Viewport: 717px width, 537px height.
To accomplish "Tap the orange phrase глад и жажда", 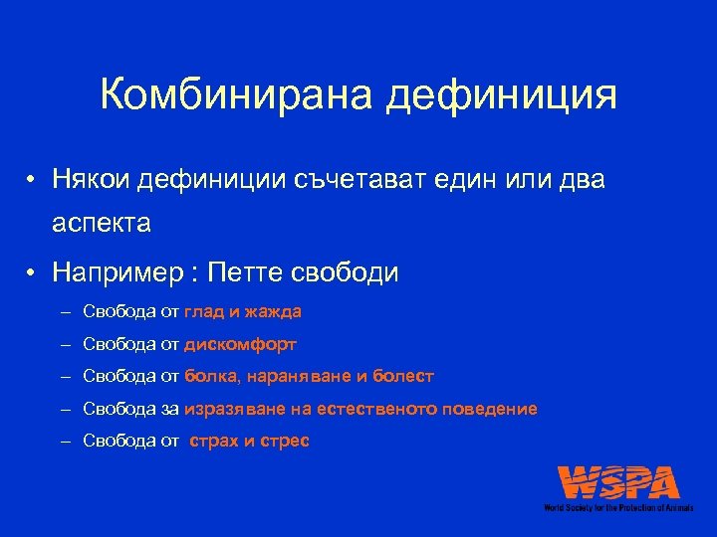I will tap(243, 312).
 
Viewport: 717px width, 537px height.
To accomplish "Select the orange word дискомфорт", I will tap(240, 344).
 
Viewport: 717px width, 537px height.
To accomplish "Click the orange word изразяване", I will tap(237, 409).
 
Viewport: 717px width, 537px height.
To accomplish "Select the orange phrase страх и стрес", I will tap(249, 441).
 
